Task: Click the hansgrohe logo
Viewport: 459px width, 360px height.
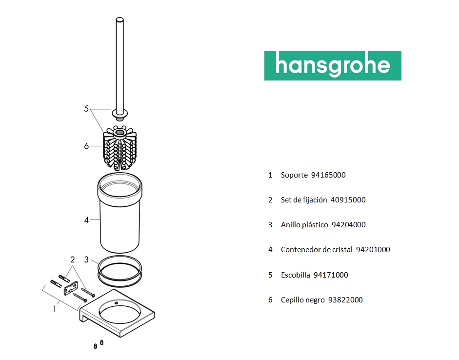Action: coord(333,66)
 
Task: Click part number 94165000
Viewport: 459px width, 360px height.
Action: coord(328,175)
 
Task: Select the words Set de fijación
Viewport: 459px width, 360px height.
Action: coord(304,200)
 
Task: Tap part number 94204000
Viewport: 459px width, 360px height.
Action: coord(348,225)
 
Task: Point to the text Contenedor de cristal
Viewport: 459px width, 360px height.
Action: coord(317,250)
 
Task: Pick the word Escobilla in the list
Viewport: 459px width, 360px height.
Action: coord(296,275)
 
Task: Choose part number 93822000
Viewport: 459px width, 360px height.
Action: coord(345,300)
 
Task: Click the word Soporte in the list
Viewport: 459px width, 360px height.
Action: coord(294,175)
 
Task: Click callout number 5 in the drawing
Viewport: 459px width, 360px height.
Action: coord(86,109)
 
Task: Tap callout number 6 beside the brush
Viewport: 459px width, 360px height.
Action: coord(86,146)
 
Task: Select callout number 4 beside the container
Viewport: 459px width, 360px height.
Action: coord(86,220)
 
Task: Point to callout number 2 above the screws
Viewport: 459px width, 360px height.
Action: coord(73,260)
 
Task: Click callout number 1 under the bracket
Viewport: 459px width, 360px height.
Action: coord(55,309)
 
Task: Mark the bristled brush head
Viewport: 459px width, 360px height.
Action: coord(120,148)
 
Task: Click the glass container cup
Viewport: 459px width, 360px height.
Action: coord(120,213)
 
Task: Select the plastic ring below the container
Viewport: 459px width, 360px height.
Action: coord(120,271)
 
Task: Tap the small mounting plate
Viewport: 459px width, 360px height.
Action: coord(71,288)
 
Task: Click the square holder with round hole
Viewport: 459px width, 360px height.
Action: coord(118,313)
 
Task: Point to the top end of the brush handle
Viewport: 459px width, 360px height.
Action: coord(120,20)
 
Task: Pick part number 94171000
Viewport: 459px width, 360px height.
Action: coord(331,275)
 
